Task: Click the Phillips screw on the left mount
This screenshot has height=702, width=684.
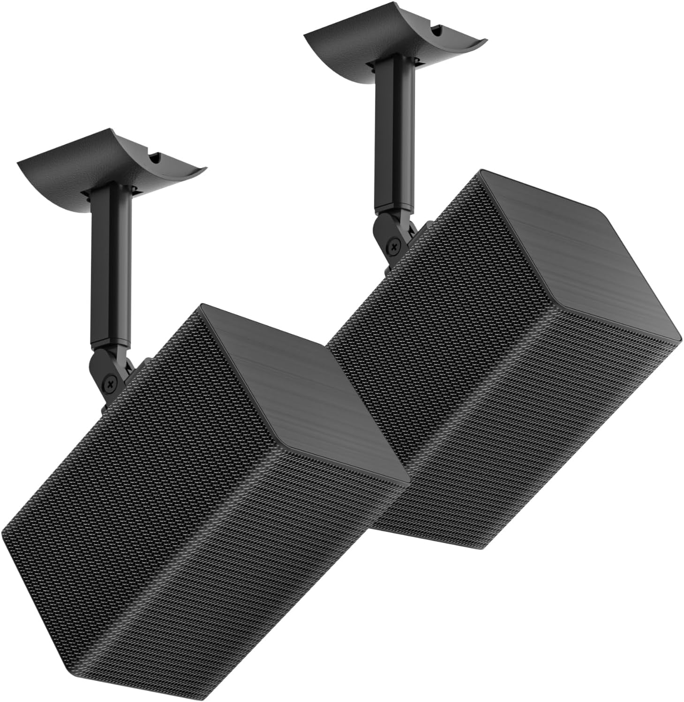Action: coord(111,383)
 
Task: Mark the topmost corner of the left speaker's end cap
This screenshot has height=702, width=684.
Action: coord(202,306)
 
